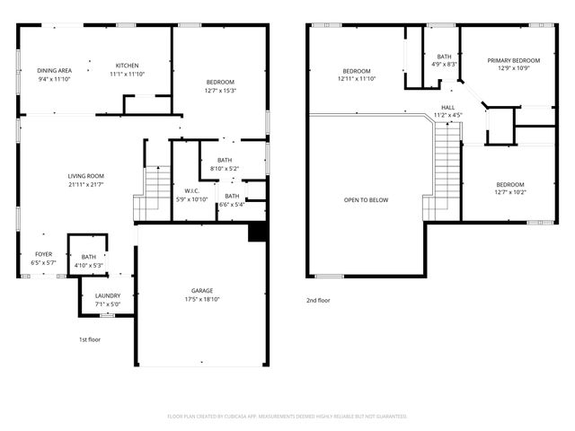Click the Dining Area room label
[54, 71]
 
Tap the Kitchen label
[127, 66]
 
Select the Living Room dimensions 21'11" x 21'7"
[86, 184]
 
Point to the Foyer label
[43, 254]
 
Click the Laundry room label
[95, 295]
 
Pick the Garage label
[202, 291]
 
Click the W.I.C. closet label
[190, 190]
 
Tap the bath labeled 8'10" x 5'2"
[225, 159]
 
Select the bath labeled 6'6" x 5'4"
[232, 196]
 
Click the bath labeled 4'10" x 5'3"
[88, 258]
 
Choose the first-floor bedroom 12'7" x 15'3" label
[219, 83]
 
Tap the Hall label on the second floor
[447, 107]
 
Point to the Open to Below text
[366, 199]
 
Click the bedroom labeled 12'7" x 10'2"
[509, 184]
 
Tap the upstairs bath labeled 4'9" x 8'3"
[444, 57]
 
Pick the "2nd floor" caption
[318, 300]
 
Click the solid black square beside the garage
[257, 232]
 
